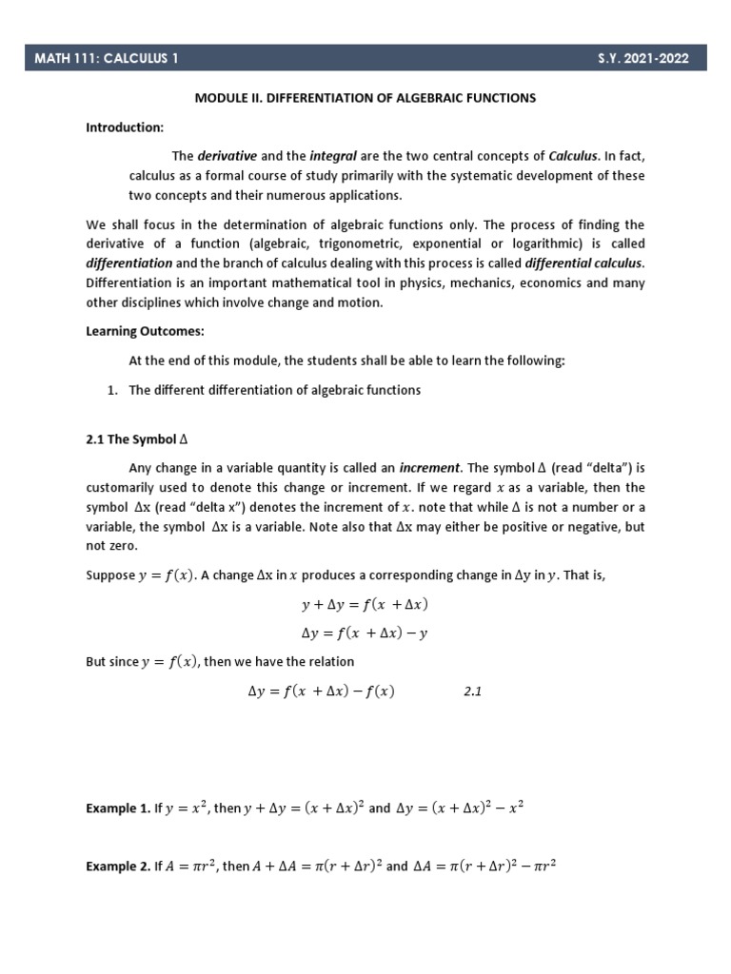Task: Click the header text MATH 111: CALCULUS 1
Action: click(107, 59)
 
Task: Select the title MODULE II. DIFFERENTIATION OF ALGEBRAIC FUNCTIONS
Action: click(365, 98)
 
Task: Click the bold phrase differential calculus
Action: click(585, 263)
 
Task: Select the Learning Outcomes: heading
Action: click(146, 332)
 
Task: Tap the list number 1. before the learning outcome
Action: click(110, 390)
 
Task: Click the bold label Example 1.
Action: click(118, 808)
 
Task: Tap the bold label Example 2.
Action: click(118, 867)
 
